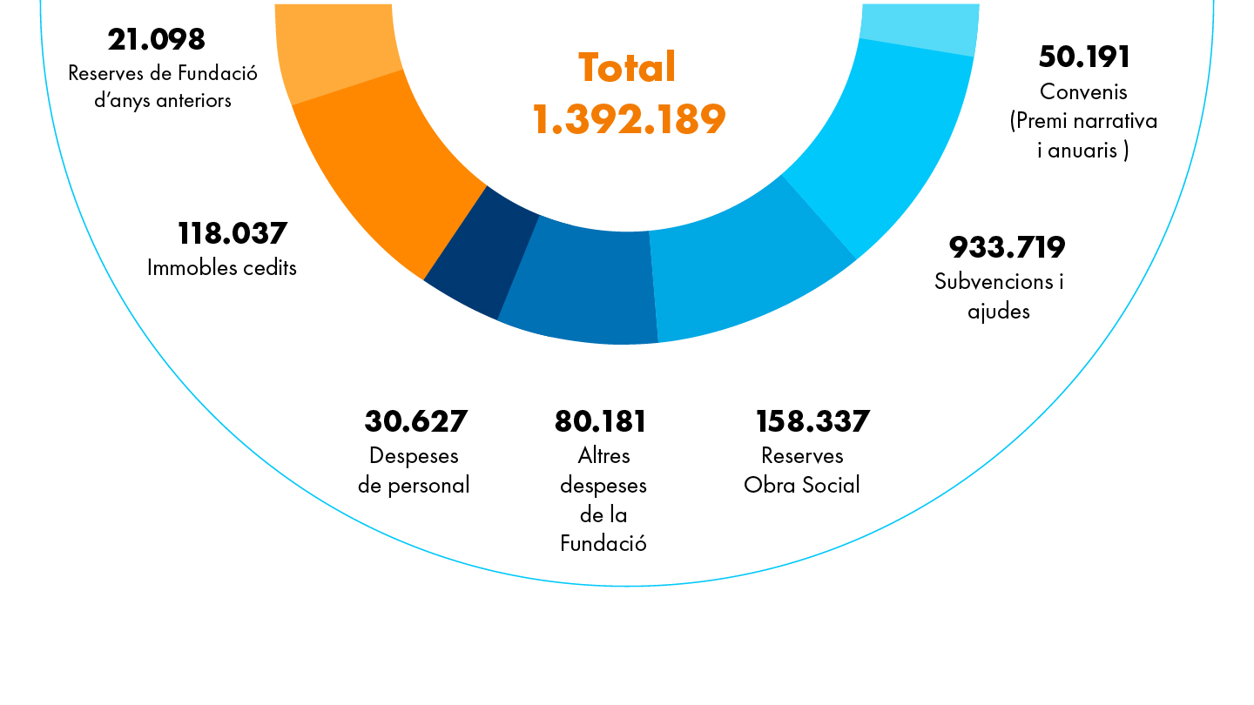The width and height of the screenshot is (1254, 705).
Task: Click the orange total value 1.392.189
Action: [x=629, y=119]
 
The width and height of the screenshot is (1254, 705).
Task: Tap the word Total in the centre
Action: [x=627, y=68]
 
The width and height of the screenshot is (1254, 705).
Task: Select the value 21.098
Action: [x=157, y=39]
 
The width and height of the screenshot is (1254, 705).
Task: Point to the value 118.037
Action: [x=232, y=233]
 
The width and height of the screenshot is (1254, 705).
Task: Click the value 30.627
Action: [x=415, y=421]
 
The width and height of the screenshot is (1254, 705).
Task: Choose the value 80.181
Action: [x=600, y=421]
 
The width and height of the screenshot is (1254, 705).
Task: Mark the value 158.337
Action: [x=812, y=421]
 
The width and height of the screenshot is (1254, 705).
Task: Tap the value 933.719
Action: [x=1007, y=247]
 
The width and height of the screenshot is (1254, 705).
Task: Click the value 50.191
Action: [x=1084, y=57]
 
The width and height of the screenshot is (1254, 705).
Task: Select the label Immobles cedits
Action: [x=222, y=267]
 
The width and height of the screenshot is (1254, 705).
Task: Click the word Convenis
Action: [x=1083, y=91]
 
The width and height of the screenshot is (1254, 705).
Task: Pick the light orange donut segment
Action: [x=335, y=52]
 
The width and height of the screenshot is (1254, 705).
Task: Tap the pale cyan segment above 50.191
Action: [x=919, y=26]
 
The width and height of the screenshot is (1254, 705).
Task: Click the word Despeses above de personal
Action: [x=414, y=455]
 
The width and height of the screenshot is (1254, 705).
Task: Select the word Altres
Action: [x=603, y=455]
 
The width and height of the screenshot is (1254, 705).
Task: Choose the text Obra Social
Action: [x=802, y=485]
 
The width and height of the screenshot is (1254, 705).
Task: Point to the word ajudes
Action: [x=998, y=311]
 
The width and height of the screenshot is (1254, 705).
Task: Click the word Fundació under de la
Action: [x=603, y=544]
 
